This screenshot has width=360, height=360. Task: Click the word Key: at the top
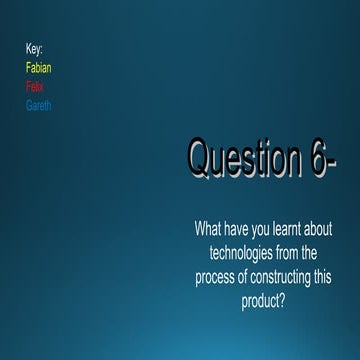tap(34, 48)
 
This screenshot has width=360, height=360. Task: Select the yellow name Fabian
tap(39, 68)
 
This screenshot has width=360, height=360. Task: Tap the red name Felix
tap(35, 87)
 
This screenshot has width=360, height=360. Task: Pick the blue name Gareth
tap(38, 106)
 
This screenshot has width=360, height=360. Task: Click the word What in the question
tap(208, 229)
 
